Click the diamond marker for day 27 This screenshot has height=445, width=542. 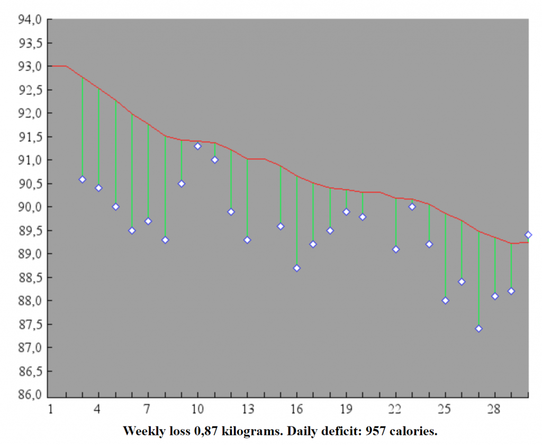pyautogui.click(x=478, y=328)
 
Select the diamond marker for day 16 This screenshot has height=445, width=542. pyautogui.click(x=297, y=268)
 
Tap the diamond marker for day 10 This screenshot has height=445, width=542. pyautogui.click(x=197, y=146)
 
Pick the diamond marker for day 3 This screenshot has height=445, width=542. pyautogui.click(x=82, y=179)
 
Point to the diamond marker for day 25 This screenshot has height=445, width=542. pyautogui.click(x=445, y=300)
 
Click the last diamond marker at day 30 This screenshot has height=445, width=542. pyautogui.click(x=528, y=235)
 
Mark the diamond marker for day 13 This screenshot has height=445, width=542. pyautogui.click(x=247, y=239)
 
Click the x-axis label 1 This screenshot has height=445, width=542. pyautogui.click(x=50, y=409)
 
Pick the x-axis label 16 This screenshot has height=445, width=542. pyautogui.click(x=297, y=409)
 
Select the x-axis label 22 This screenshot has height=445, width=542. pyautogui.click(x=395, y=409)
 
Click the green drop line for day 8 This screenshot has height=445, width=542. pyautogui.click(x=165, y=188)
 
